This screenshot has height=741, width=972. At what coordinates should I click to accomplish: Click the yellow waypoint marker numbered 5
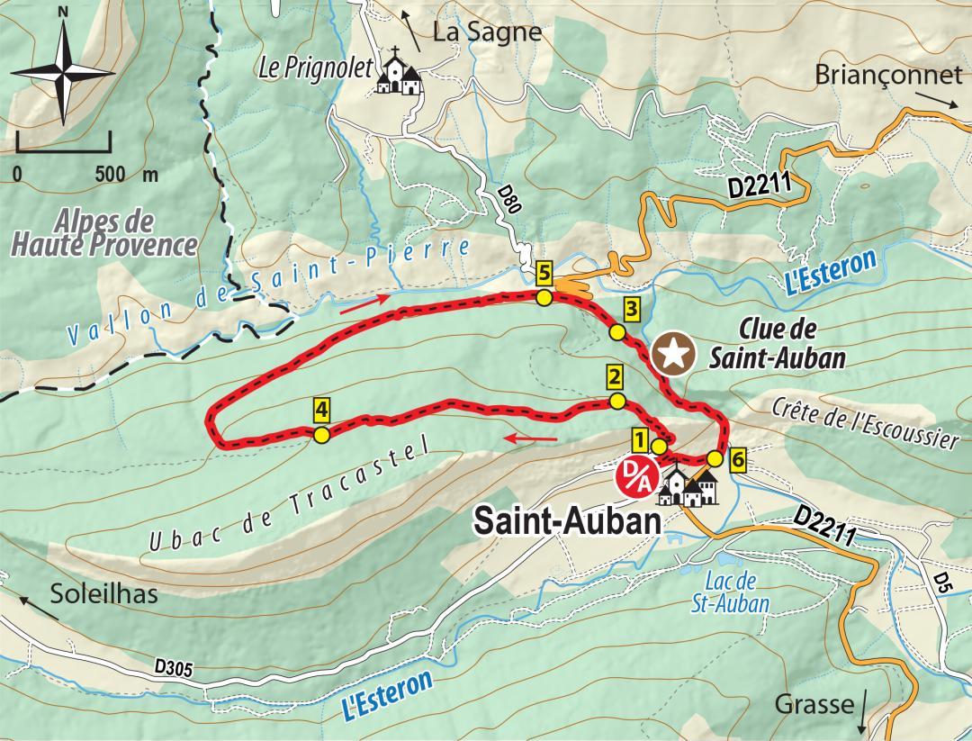(543, 272)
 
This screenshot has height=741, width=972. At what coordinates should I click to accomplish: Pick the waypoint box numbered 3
(631, 310)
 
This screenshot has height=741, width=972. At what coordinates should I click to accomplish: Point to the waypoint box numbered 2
(616, 376)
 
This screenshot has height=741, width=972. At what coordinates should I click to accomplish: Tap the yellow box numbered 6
(737, 459)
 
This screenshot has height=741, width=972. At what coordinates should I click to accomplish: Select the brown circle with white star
(674, 354)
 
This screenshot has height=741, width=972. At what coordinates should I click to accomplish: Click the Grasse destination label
(815, 703)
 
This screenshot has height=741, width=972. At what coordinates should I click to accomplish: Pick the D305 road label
(174, 668)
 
